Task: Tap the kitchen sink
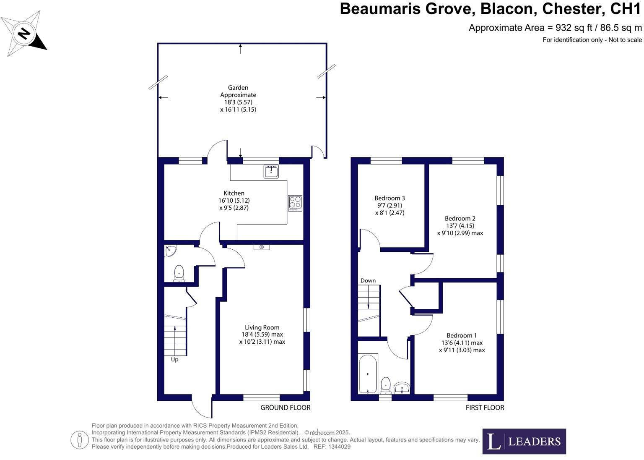(271, 171)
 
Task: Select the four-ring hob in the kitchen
(295, 203)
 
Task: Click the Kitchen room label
(234, 193)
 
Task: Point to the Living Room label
(262, 327)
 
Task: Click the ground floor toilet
(179, 273)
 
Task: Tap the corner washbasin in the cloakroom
(171, 251)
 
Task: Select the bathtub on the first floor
(368, 374)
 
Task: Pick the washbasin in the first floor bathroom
(402, 387)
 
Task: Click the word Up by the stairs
(174, 360)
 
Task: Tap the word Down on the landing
(368, 281)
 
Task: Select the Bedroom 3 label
(390, 198)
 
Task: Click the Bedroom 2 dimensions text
(460, 230)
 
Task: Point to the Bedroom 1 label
(462, 335)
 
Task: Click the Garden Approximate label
(238, 91)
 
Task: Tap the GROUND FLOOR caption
(286, 408)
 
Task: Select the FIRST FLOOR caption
(485, 408)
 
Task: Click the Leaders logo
(524, 441)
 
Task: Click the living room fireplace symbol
(262, 247)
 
